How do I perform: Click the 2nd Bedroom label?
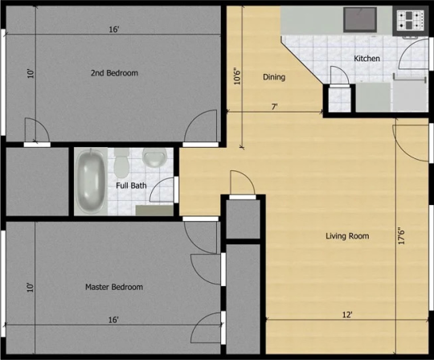pos(114,73)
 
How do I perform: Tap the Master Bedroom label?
pos(114,287)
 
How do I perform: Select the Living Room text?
pos(347,236)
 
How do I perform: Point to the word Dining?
pos(274,77)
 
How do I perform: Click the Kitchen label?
pos(366,59)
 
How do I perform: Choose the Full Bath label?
pos(131,186)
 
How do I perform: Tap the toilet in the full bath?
pos(121,163)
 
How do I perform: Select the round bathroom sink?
pos(154,157)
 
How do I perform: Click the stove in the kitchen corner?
pos(411,20)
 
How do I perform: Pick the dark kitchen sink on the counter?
pos(360,19)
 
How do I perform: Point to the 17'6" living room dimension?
pos(402,235)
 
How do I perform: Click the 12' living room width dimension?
pos(347,315)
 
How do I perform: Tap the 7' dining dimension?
pos(274,107)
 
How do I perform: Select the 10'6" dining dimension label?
pos(237,76)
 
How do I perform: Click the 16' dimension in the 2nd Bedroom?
pos(114,30)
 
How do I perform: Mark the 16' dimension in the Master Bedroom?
pos(113,320)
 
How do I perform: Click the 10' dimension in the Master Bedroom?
pos(31,287)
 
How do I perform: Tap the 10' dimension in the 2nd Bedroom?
pos(31,73)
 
